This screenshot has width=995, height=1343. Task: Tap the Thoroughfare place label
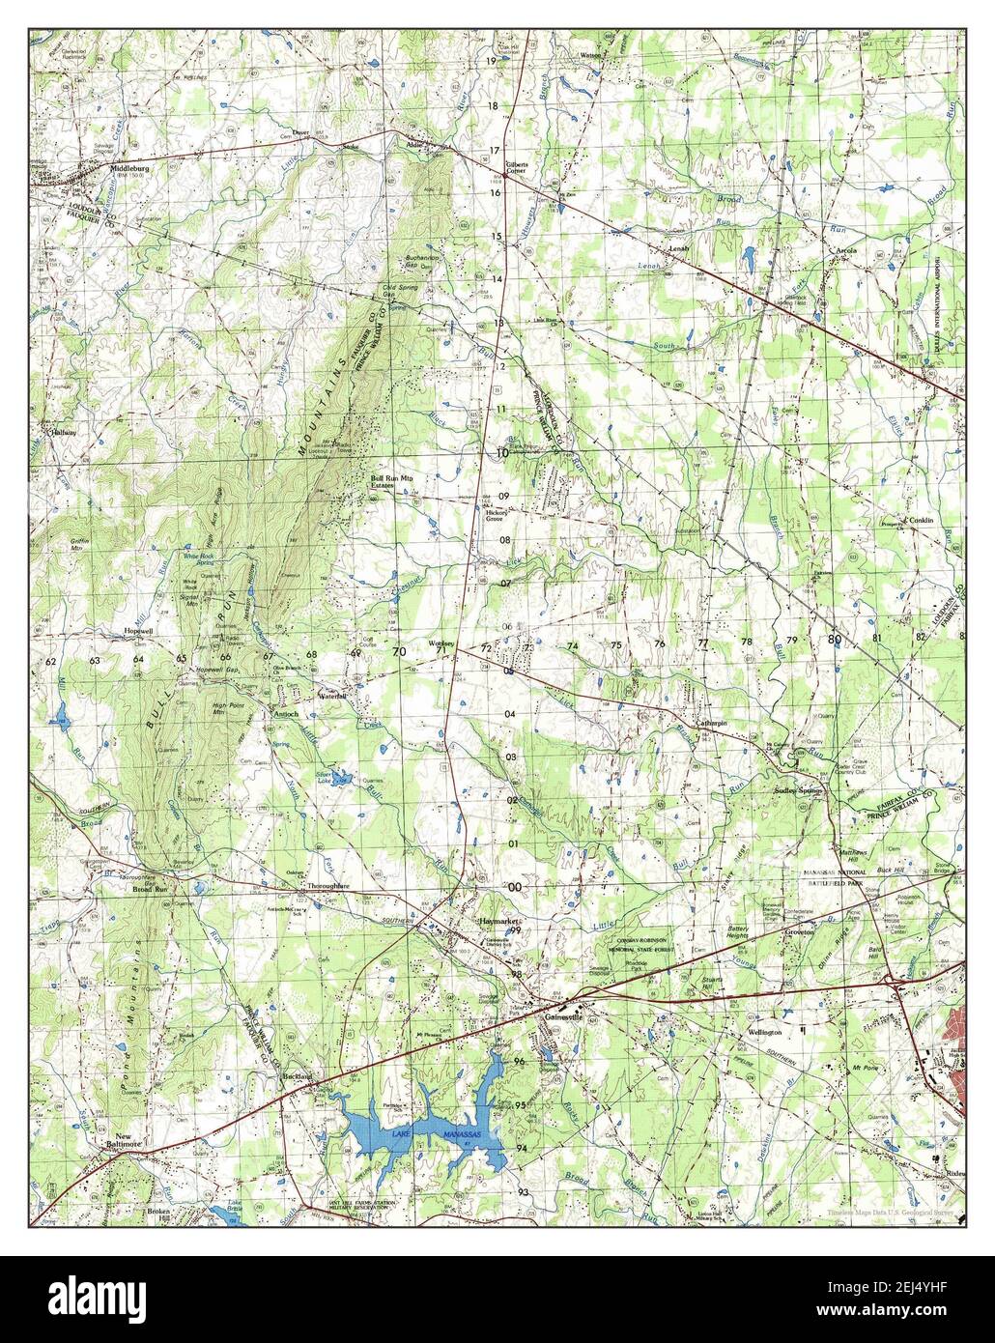coord(327,885)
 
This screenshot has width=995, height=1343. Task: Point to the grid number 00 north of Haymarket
coord(515,887)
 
